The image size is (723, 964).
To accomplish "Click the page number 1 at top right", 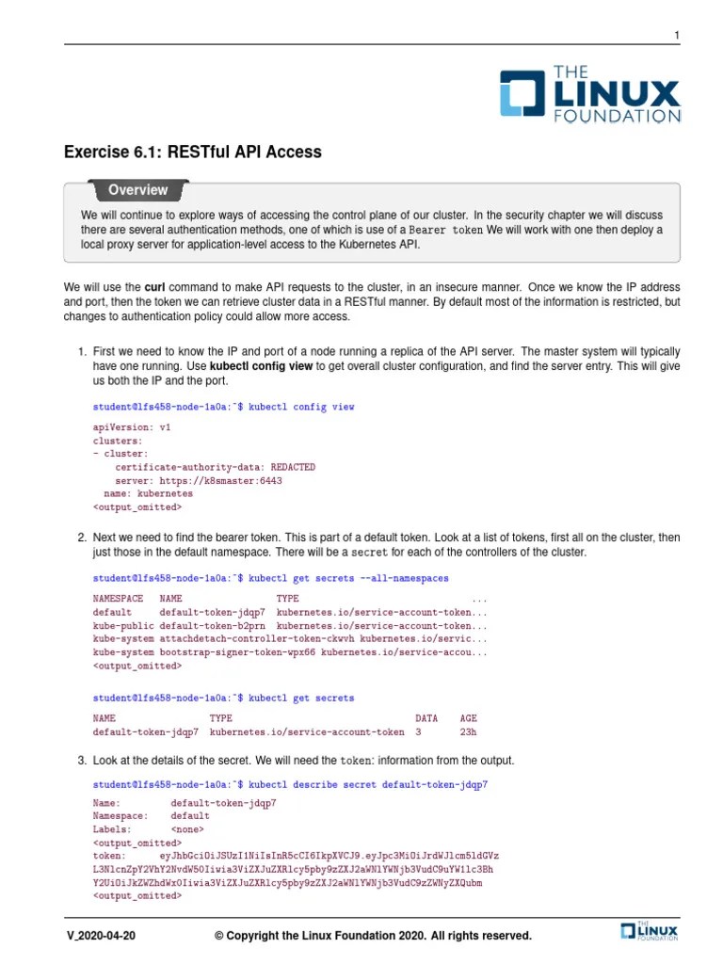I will tap(675, 36).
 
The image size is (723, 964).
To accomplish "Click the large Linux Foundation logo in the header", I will tap(589, 94).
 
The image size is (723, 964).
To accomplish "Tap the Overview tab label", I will tap(137, 190).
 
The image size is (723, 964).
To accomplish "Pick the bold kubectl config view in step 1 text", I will tap(261, 366).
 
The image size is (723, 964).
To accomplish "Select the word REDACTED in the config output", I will tap(293, 467).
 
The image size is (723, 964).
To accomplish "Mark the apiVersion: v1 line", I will tap(132, 426).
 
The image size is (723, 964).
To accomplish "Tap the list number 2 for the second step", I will tap(82, 538).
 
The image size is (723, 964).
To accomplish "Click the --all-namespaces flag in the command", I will tap(405, 578).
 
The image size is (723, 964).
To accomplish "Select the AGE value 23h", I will tap(468, 731).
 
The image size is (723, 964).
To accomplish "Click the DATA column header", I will tap(426, 717).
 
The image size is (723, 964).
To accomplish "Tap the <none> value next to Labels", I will tap(187, 830).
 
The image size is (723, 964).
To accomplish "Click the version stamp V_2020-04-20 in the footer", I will tap(103, 936).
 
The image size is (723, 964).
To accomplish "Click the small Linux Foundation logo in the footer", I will tap(650, 931).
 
